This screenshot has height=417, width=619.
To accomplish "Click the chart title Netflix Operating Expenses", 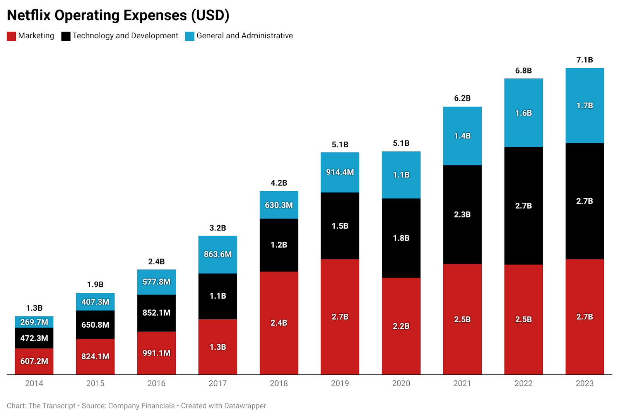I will (118, 15).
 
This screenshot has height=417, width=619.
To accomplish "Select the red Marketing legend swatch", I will (11, 36).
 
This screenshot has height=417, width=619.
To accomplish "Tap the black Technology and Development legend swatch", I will (66, 36).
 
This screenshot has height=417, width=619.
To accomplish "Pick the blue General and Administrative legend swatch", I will (190, 36).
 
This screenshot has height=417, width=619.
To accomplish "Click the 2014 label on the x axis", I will (34, 383).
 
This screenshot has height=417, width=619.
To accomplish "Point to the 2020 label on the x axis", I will (401, 383).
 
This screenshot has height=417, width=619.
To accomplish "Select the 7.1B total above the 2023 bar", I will (585, 60).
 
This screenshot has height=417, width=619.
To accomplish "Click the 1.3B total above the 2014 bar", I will (34, 308).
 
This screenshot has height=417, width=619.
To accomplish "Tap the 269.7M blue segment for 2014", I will (34, 322).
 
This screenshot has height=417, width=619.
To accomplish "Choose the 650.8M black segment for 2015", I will (95, 325).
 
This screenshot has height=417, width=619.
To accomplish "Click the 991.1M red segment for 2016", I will (156, 353).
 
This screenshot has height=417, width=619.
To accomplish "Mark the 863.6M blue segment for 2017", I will (218, 254).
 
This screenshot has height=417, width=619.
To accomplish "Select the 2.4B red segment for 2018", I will (279, 323).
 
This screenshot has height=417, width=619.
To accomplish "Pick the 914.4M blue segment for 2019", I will (340, 172).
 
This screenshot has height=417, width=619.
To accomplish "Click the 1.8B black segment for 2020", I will (401, 238).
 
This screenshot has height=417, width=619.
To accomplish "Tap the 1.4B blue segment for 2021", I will (462, 136).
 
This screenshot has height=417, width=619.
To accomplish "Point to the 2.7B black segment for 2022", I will (523, 206).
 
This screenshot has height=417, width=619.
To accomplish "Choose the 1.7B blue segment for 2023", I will (585, 106).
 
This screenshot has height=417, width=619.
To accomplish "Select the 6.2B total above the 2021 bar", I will (462, 98).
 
